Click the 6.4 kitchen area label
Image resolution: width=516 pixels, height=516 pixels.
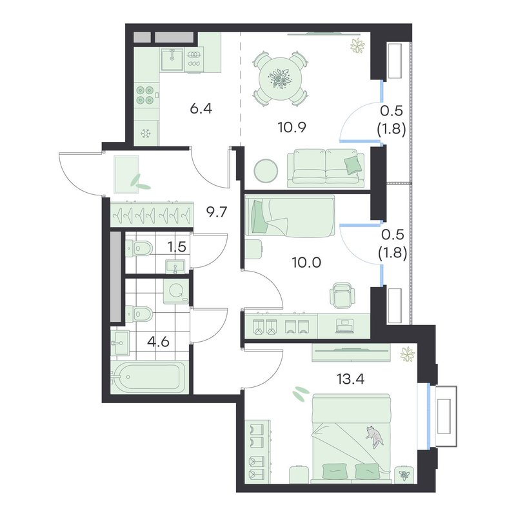point(201,108)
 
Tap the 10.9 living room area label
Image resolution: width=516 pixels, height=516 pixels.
point(292,127)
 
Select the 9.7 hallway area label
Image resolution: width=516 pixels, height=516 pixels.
point(217,212)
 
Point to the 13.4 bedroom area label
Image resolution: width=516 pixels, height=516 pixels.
point(350,379)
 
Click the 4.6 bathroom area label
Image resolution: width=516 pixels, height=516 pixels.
point(158,342)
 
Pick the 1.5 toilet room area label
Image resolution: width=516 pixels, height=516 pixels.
point(177,247)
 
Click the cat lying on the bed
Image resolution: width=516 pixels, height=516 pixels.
point(374,437)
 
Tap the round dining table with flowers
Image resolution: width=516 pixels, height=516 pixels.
point(281,79)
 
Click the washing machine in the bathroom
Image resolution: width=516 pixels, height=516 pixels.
point(176,291)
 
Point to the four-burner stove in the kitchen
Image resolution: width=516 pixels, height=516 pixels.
point(145,94)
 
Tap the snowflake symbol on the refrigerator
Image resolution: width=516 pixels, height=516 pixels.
point(146,134)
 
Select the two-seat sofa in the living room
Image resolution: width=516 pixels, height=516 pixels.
point(326,168)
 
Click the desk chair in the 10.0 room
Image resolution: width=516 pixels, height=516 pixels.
point(342,295)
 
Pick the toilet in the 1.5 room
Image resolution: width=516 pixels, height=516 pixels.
point(139,248)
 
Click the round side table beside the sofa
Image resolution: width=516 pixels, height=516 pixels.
point(266,171)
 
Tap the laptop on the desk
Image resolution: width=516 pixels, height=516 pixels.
point(344,326)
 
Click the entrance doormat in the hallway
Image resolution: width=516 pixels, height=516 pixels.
point(126,174)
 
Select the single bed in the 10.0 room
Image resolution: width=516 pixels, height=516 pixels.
point(290,215)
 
